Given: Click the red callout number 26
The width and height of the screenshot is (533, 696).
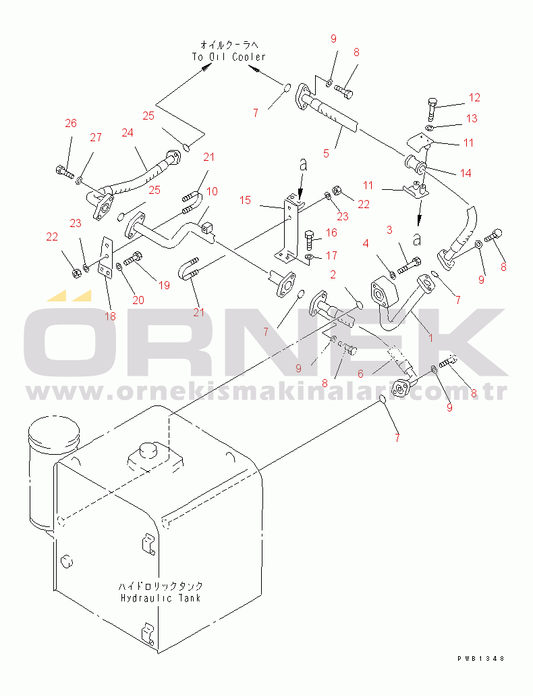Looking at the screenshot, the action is [71, 123].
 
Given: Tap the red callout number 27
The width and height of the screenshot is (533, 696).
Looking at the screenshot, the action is [96, 137].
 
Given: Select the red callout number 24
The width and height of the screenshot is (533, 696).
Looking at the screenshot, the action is [128, 132].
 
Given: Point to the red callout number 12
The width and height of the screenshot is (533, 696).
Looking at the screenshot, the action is [474, 97].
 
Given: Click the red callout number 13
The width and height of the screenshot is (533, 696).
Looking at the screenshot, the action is [472, 118].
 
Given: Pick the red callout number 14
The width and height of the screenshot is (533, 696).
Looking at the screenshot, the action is [466, 173].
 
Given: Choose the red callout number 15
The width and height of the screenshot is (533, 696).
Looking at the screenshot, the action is [245, 200].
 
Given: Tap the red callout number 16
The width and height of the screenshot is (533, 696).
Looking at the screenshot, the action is [331, 232].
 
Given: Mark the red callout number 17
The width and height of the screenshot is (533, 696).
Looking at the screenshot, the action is [331, 255].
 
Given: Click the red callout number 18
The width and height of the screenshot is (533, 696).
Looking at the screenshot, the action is [110, 316].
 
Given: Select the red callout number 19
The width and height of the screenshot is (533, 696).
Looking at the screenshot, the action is [165, 285].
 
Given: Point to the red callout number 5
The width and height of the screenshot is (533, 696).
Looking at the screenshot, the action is [326, 153].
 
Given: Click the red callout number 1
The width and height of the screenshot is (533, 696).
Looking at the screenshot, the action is [430, 338].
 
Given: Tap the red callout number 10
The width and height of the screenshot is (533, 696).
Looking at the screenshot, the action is [213, 191].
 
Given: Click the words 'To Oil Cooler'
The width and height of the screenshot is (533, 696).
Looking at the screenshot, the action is [229, 57].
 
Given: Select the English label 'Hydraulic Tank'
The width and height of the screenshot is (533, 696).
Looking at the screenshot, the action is [161, 598].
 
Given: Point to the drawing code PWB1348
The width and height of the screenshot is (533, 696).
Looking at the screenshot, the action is [481, 659].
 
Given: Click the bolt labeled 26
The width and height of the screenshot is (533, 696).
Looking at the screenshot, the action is [65, 170].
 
